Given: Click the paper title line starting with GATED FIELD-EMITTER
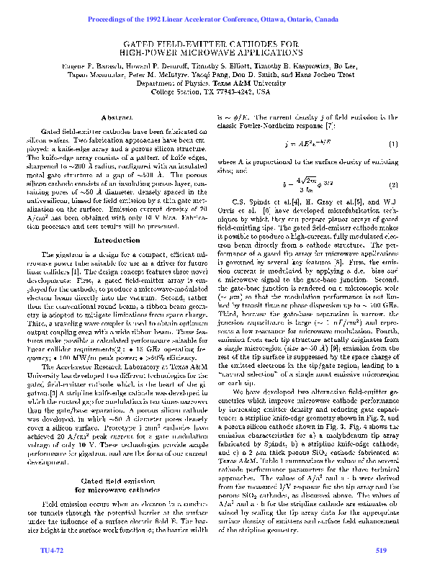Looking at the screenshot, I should (212, 45).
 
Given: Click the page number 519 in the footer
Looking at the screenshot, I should (381, 551).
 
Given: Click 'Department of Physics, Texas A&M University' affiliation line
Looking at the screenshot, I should (212, 83).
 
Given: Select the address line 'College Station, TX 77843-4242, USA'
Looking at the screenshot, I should (212, 92).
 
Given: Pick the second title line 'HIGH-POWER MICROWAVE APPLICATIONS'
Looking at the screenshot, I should (212, 53).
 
